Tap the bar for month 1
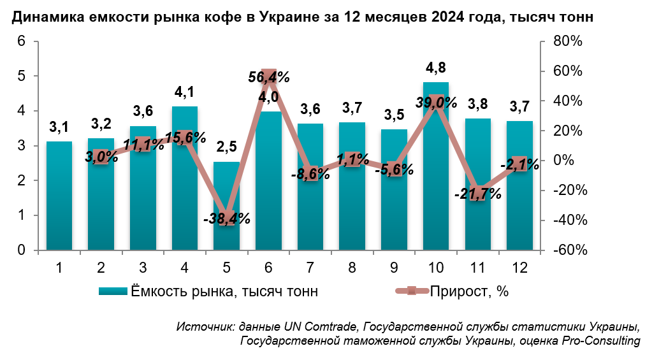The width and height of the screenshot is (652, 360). click(x=59, y=198)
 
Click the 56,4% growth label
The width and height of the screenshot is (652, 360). click(x=268, y=77)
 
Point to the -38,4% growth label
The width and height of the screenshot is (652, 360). click(x=226, y=219)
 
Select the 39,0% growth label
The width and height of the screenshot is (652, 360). click(x=436, y=102)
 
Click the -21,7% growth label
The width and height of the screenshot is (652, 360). click(x=478, y=194)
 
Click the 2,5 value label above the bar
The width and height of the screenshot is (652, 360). click(x=226, y=147)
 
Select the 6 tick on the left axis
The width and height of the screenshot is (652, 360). click(x=20, y=41)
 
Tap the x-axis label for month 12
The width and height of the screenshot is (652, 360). click(x=519, y=267)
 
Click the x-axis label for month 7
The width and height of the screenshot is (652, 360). click(x=310, y=267)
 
